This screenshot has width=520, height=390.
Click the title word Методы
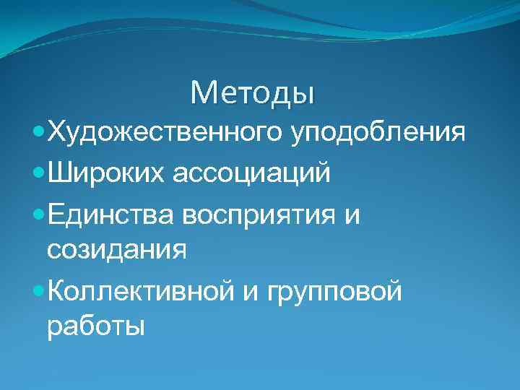point(253,92)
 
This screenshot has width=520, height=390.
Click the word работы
point(95,329)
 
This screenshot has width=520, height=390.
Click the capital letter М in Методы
point(203,92)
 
